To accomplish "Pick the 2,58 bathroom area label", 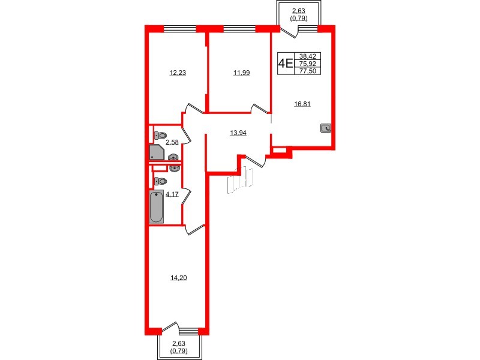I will coord(172,142).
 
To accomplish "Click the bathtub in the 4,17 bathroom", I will coord(156,206).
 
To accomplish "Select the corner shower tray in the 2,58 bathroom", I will coord(157,152).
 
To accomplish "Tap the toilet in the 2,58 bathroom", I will coord(160,135).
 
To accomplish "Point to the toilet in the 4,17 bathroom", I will coord(160,181).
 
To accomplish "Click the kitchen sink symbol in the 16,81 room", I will coord(325,127).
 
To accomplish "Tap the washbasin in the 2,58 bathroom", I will coord(174,158).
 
